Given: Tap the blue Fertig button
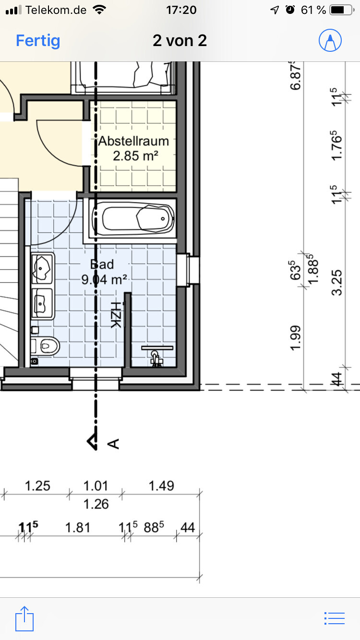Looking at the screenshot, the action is pyautogui.click(x=38, y=41).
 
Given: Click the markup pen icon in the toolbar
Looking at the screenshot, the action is pyautogui.click(x=330, y=40).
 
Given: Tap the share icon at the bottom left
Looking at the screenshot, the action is pyautogui.click(x=24, y=618).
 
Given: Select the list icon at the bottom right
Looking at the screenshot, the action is pyautogui.click(x=334, y=618).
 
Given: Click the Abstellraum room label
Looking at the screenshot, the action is pyautogui.click(x=133, y=141).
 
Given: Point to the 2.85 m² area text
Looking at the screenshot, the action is pyautogui.click(x=135, y=156).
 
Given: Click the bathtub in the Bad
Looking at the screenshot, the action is pyautogui.click(x=133, y=219).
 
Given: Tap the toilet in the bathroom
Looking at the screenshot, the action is pyautogui.click(x=45, y=346).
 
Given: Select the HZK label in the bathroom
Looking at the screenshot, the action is pyautogui.click(x=116, y=315).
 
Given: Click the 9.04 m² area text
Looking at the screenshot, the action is pyautogui.click(x=104, y=279).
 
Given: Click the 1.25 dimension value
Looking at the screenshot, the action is pyautogui.click(x=37, y=486).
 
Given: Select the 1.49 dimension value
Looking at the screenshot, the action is pyautogui.click(x=161, y=486).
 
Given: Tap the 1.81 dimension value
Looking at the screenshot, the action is pyautogui.click(x=78, y=527).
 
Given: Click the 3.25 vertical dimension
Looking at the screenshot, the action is pyautogui.click(x=337, y=282).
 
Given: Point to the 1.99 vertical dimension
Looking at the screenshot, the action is pyautogui.click(x=296, y=338).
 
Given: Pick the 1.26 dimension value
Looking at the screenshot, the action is pyautogui.click(x=96, y=504).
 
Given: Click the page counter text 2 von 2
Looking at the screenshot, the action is pyautogui.click(x=180, y=41).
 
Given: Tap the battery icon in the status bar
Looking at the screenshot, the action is pyautogui.click(x=342, y=10).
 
